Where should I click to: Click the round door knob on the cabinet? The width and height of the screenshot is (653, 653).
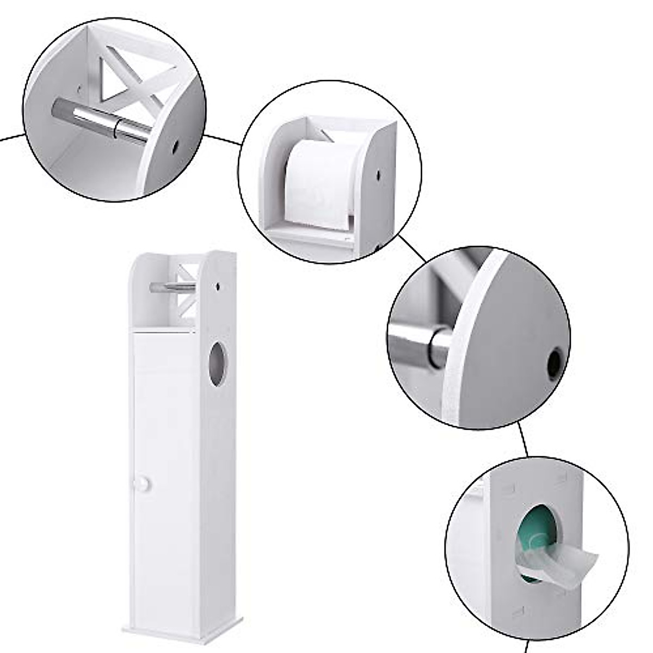click(x=143, y=484)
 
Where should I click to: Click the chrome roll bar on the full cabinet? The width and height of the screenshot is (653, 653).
click(x=172, y=287)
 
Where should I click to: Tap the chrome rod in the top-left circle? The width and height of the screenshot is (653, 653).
click(x=101, y=120)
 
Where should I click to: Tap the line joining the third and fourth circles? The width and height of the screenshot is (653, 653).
click(x=523, y=441)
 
